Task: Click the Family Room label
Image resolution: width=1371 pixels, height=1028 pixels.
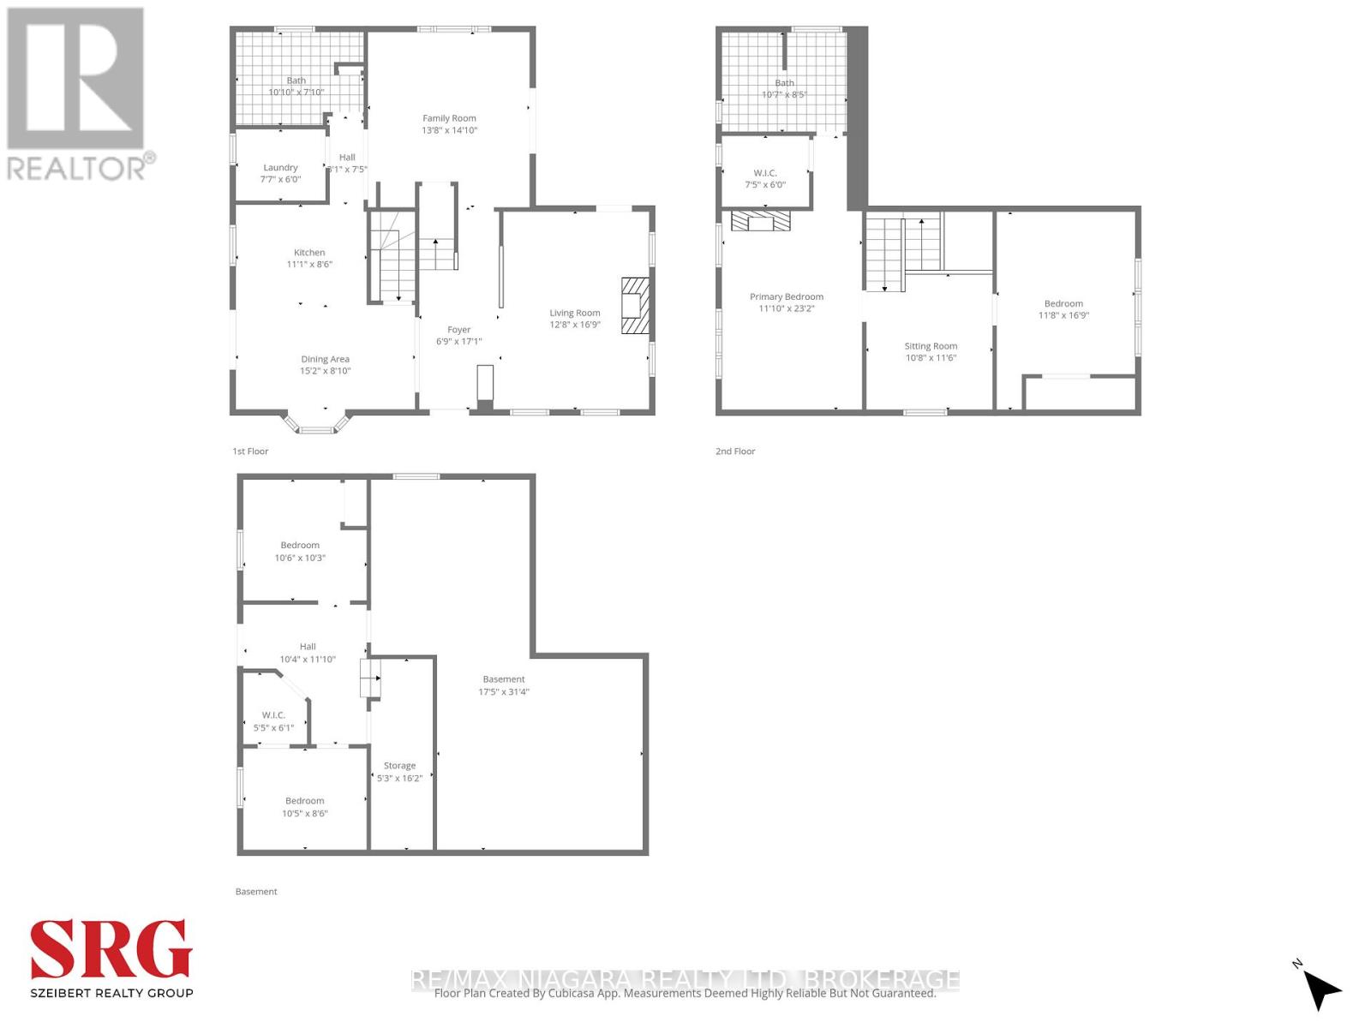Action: (449, 118)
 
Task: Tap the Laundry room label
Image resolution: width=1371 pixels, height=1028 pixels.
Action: (280, 168)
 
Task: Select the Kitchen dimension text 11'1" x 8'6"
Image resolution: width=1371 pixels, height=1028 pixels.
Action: (309, 265)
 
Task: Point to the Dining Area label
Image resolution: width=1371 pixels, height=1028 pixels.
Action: (325, 360)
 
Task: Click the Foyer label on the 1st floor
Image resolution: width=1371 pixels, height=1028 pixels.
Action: (458, 330)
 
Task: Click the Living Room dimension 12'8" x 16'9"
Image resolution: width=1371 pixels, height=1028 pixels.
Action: (575, 325)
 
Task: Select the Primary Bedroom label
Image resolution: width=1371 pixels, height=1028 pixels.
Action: (787, 297)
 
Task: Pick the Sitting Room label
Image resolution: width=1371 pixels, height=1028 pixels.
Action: (931, 346)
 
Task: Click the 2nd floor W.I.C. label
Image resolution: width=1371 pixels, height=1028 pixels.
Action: (765, 173)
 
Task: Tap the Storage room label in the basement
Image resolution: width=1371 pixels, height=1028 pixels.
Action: (399, 766)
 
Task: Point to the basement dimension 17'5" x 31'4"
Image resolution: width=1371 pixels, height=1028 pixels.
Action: (504, 691)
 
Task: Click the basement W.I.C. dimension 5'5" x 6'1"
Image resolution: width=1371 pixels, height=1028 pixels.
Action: (273, 728)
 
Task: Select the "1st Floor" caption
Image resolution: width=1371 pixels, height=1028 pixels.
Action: (250, 451)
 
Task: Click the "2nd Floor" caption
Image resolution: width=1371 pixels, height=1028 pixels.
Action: (735, 451)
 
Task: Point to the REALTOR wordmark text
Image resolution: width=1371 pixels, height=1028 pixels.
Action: (77, 168)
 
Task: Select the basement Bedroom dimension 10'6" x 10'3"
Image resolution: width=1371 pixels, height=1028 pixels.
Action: (300, 558)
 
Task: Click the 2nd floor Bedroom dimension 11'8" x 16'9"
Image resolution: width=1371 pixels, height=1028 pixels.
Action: (1063, 315)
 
